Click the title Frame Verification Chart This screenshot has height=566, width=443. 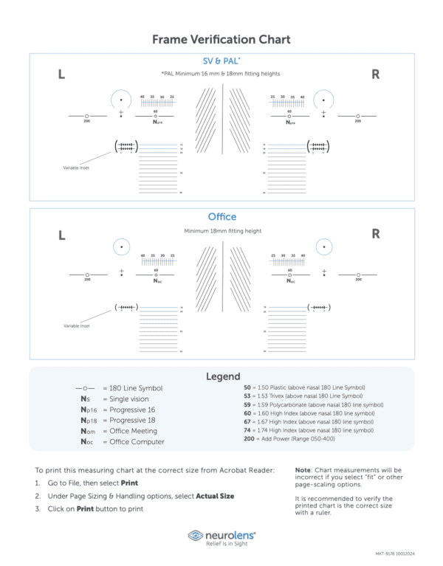click(221, 39)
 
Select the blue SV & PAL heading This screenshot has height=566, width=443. click(221, 61)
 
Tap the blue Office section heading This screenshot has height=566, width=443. click(221, 217)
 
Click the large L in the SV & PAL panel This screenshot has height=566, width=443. click(61, 75)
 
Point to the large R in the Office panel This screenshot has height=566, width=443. click(375, 234)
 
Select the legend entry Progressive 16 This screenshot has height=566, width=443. click(129, 410)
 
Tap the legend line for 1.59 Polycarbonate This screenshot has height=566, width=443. click(313, 404)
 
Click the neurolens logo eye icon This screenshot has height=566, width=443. click(196, 535)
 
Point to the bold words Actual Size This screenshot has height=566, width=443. click(215, 496)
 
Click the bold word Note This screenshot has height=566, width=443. click(303, 470)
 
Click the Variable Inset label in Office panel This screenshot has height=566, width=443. click(76, 325)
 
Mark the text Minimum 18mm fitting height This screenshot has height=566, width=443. click(222, 231)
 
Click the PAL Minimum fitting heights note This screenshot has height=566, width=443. click(221, 74)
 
